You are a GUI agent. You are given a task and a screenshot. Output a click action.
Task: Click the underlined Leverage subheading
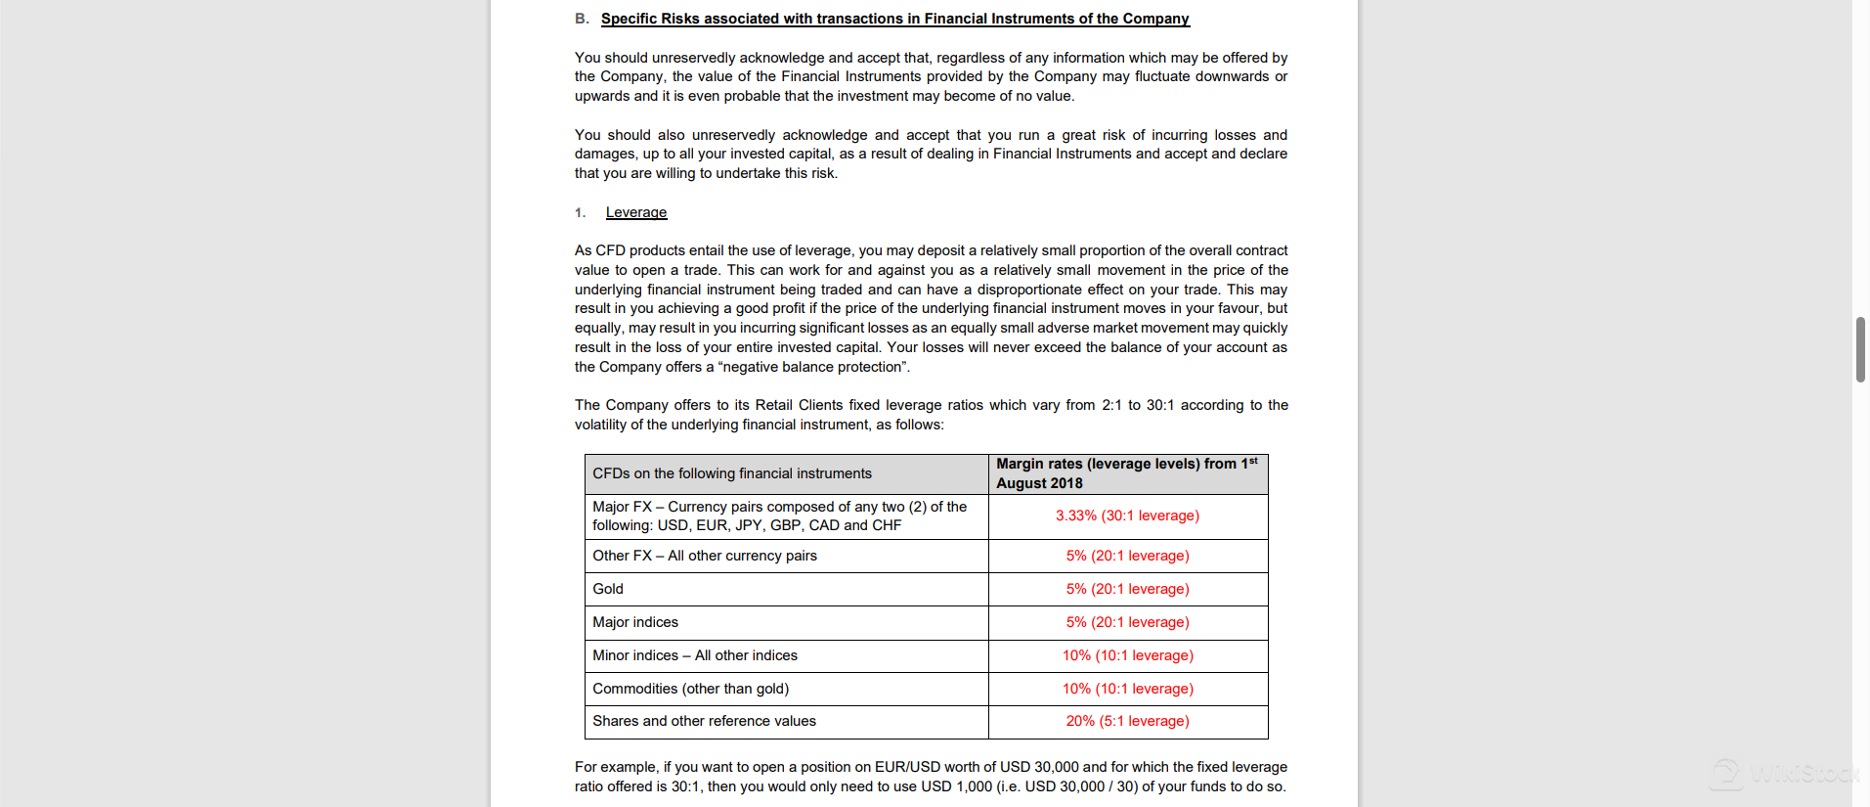pyautogui.click(x=635, y=212)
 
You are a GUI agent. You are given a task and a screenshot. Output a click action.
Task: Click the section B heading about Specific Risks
pyautogui.click(x=894, y=19)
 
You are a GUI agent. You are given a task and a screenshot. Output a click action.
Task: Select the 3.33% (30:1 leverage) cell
pyautogui.click(x=1127, y=516)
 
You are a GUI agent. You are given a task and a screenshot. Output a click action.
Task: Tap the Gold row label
pyautogui.click(x=608, y=589)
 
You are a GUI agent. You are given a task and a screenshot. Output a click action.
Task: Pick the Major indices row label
pyautogui.click(x=635, y=622)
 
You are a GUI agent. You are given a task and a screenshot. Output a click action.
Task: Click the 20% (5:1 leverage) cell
pyautogui.click(x=1127, y=721)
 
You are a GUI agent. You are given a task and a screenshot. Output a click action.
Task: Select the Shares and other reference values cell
pyautogui.click(x=704, y=721)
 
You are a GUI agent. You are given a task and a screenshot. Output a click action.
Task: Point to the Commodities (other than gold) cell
pyautogui.click(x=690, y=689)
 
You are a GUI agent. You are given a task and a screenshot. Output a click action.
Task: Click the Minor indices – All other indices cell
pyautogui.click(x=695, y=655)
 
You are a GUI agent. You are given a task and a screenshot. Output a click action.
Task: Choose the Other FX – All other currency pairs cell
pyautogui.click(x=705, y=556)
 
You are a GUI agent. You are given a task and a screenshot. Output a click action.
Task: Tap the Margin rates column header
pyautogui.click(x=1127, y=473)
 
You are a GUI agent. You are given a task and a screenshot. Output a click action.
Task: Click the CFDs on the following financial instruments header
pyautogui.click(x=732, y=473)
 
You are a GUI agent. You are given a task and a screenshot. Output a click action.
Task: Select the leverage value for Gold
pyautogui.click(x=1127, y=589)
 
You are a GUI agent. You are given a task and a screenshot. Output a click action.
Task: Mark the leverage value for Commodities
pyautogui.click(x=1127, y=689)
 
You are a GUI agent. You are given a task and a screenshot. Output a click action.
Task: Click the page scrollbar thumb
pyautogui.click(x=1860, y=349)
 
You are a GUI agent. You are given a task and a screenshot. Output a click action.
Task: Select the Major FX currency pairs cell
pyautogui.click(x=779, y=516)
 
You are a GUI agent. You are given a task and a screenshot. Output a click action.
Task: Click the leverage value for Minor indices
pyautogui.click(x=1127, y=655)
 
